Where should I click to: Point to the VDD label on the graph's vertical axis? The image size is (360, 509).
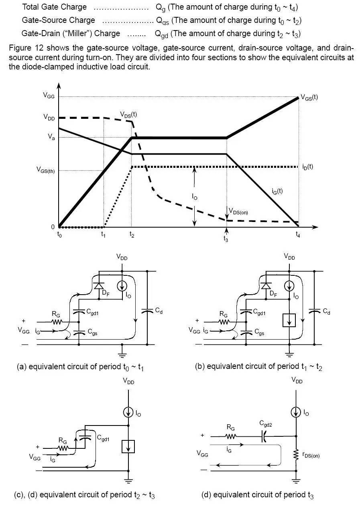(x=49, y=118)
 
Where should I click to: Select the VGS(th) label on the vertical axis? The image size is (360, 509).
(x=46, y=170)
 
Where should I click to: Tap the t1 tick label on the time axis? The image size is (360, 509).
(x=104, y=236)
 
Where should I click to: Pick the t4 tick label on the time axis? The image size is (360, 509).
(x=297, y=236)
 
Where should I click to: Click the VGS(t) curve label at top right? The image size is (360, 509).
(x=309, y=97)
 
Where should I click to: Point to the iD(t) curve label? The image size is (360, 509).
(x=308, y=167)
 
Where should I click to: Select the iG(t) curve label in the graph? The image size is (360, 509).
(x=277, y=191)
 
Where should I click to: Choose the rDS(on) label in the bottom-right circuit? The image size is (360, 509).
(x=311, y=455)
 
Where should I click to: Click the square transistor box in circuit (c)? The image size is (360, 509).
(x=128, y=446)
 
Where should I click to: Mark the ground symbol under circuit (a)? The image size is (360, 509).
(x=122, y=354)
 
